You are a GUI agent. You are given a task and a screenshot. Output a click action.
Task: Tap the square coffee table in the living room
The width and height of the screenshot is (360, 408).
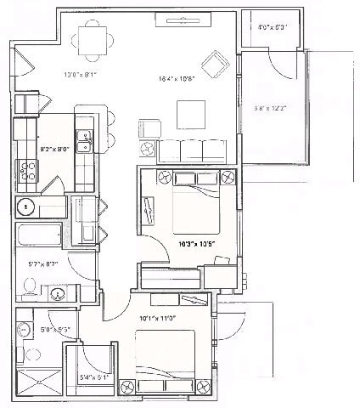point(189,114)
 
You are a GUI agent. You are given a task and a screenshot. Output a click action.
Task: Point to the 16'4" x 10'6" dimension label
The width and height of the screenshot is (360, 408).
point(177,78)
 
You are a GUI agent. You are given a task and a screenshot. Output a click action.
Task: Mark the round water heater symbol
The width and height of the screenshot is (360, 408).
point(26,206)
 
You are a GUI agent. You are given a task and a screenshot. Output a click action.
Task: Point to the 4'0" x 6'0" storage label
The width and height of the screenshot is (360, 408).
point(273,26)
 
